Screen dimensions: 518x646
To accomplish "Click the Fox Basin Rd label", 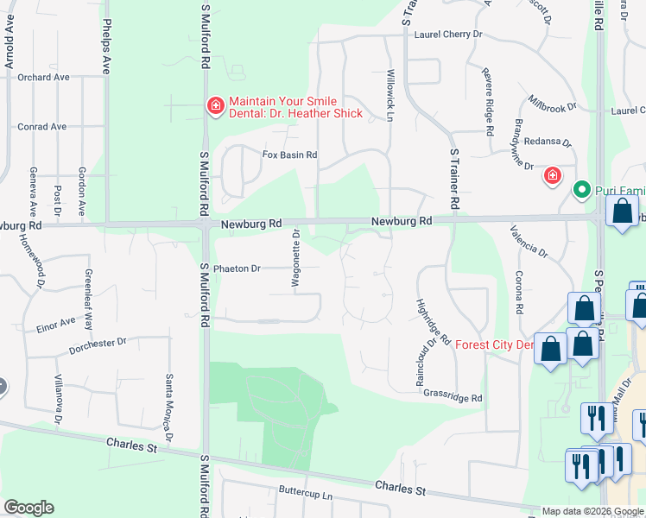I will [x=290, y=155].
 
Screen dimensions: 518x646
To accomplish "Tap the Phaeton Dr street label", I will [x=237, y=268].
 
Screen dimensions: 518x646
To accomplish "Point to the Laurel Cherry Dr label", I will [x=447, y=35].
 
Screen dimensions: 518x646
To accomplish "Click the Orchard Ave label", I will [x=42, y=77].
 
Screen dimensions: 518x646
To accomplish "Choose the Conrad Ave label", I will [x=41, y=127].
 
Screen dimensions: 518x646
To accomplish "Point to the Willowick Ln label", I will [x=390, y=94].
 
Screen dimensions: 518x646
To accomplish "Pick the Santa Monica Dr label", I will [x=169, y=399].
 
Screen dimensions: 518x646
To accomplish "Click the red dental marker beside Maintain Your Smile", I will [x=214, y=106].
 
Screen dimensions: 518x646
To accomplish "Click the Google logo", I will [x=28, y=508].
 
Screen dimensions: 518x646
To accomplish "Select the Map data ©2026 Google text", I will [x=592, y=511].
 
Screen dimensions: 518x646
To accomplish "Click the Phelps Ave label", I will [x=107, y=47].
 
